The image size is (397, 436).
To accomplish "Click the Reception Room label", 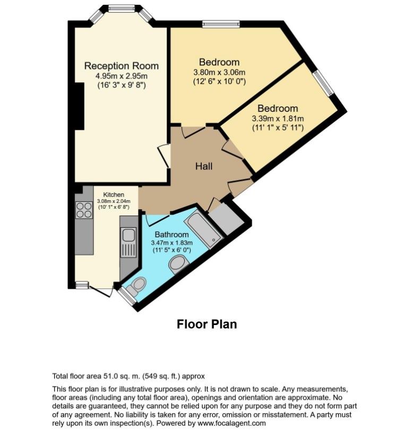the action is click(x=122, y=66).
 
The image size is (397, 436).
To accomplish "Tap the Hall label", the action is click(x=204, y=166).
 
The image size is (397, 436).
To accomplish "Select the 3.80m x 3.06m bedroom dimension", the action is click(x=220, y=73).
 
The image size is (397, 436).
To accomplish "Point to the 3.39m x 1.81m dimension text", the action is click(x=278, y=119).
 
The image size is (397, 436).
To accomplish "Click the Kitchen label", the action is click(x=114, y=195).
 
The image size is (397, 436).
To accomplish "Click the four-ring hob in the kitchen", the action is click(x=84, y=210).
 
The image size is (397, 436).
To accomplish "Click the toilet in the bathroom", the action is click(x=136, y=287).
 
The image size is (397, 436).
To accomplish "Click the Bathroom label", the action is click(x=171, y=234).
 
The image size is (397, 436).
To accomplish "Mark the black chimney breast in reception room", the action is click(x=80, y=106).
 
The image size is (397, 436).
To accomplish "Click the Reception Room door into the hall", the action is click(x=164, y=156).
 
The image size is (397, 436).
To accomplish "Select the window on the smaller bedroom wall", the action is click(x=324, y=83).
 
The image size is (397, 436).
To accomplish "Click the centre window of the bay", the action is click(x=122, y=8).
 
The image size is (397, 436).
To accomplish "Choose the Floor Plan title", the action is click(x=206, y=324).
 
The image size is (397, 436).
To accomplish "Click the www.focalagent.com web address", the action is click(x=231, y=423).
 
